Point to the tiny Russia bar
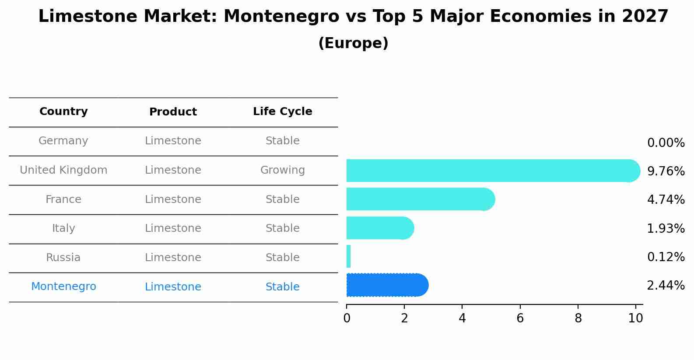tap(348, 256)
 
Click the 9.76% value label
tap(666, 171)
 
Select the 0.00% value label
tap(666, 143)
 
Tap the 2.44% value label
tap(666, 286)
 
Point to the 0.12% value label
tap(666, 257)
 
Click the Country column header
tap(63, 112)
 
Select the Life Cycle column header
tap(282, 112)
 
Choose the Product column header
tap(173, 112)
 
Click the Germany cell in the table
tap(63, 141)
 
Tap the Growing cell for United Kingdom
tap(282, 170)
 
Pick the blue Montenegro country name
tap(63, 287)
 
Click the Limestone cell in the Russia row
tap(173, 258)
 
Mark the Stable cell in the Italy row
tap(282, 228)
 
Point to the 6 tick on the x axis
tap(520, 318)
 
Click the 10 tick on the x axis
tap(635, 318)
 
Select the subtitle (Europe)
tap(353, 43)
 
